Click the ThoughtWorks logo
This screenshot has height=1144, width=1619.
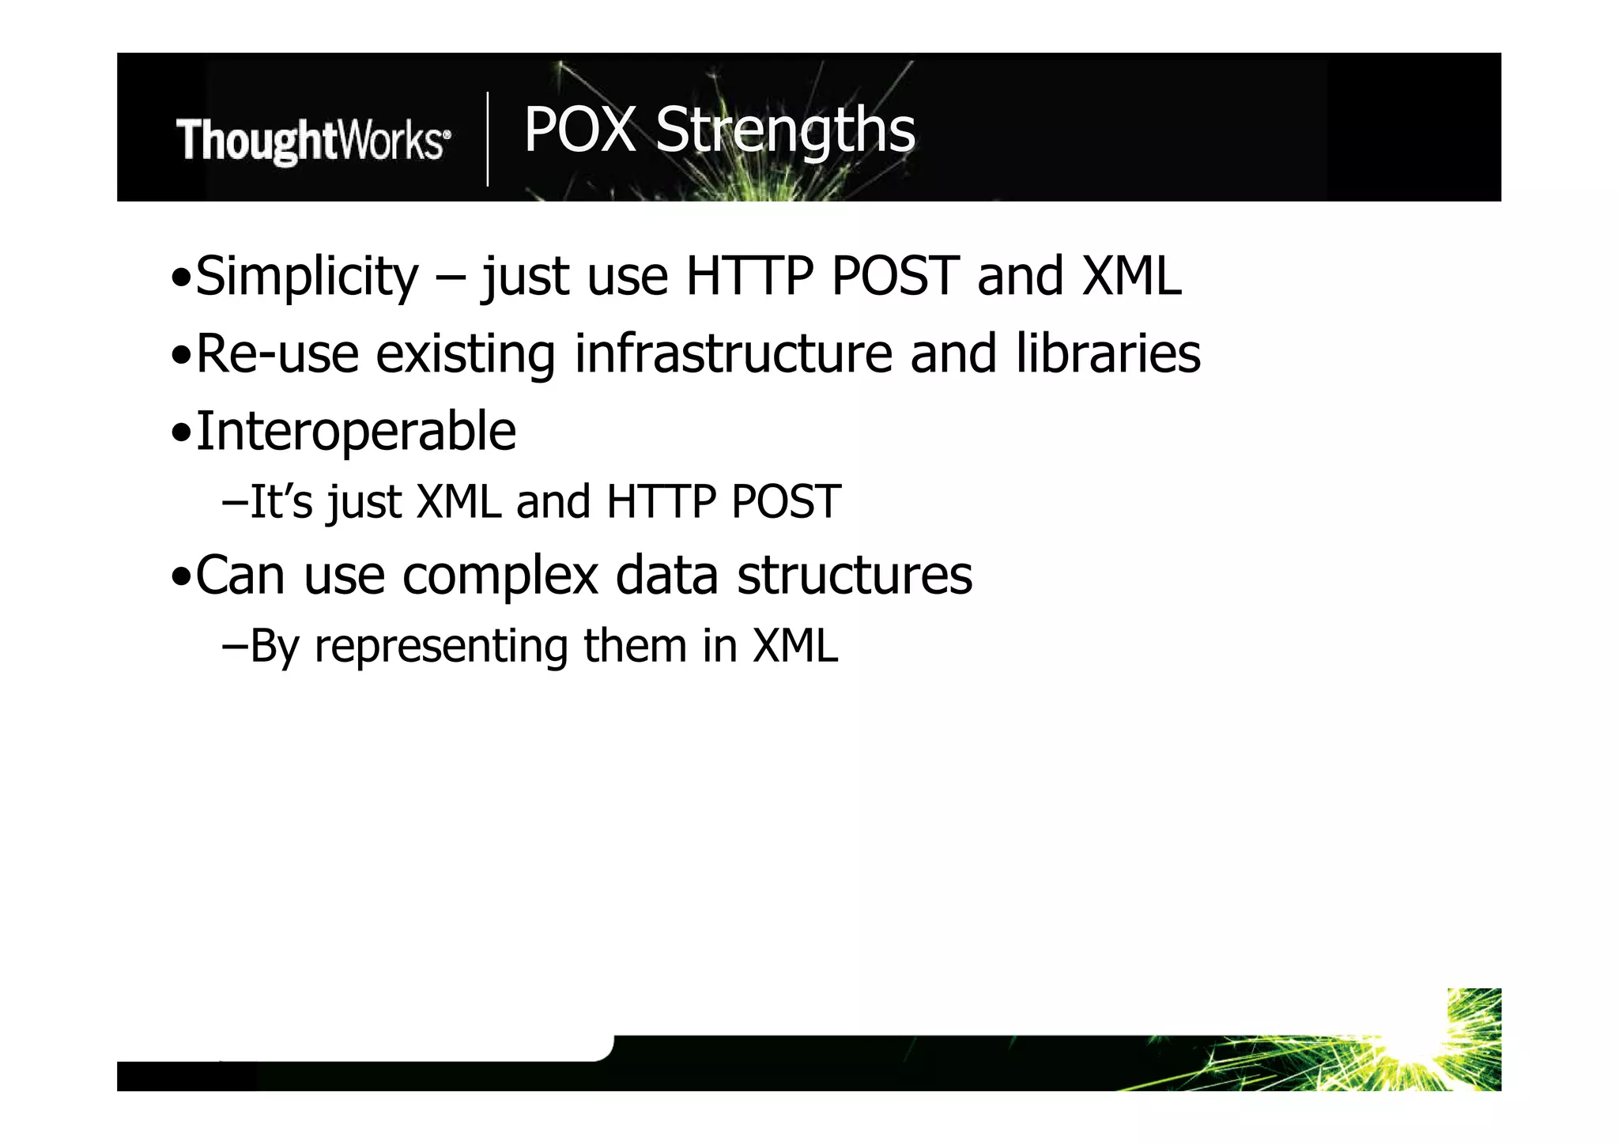pyautogui.click(x=313, y=141)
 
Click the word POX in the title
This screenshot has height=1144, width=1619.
pyautogui.click(x=579, y=130)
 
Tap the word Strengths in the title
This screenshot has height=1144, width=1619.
pyautogui.click(x=785, y=130)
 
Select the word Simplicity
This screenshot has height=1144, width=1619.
pyautogui.click(x=307, y=277)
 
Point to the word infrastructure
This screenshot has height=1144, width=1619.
pyautogui.click(x=733, y=353)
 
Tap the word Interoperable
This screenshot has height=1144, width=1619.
pyautogui.click(x=356, y=432)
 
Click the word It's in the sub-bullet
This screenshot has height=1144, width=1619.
pyautogui.click(x=281, y=501)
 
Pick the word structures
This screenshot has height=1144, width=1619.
pyautogui.click(x=855, y=576)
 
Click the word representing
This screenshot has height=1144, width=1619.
pyautogui.click(x=441, y=646)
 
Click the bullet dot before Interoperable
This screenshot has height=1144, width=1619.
pyautogui.click(x=181, y=433)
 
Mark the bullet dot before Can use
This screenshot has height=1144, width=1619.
pyautogui.click(x=181, y=577)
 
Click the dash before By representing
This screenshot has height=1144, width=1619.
pyautogui.click(x=235, y=646)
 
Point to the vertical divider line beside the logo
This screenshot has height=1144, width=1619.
pyautogui.click(x=488, y=139)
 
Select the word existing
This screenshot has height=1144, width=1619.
pyautogui.click(x=466, y=353)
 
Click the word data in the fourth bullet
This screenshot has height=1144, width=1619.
pyautogui.click(x=666, y=576)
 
